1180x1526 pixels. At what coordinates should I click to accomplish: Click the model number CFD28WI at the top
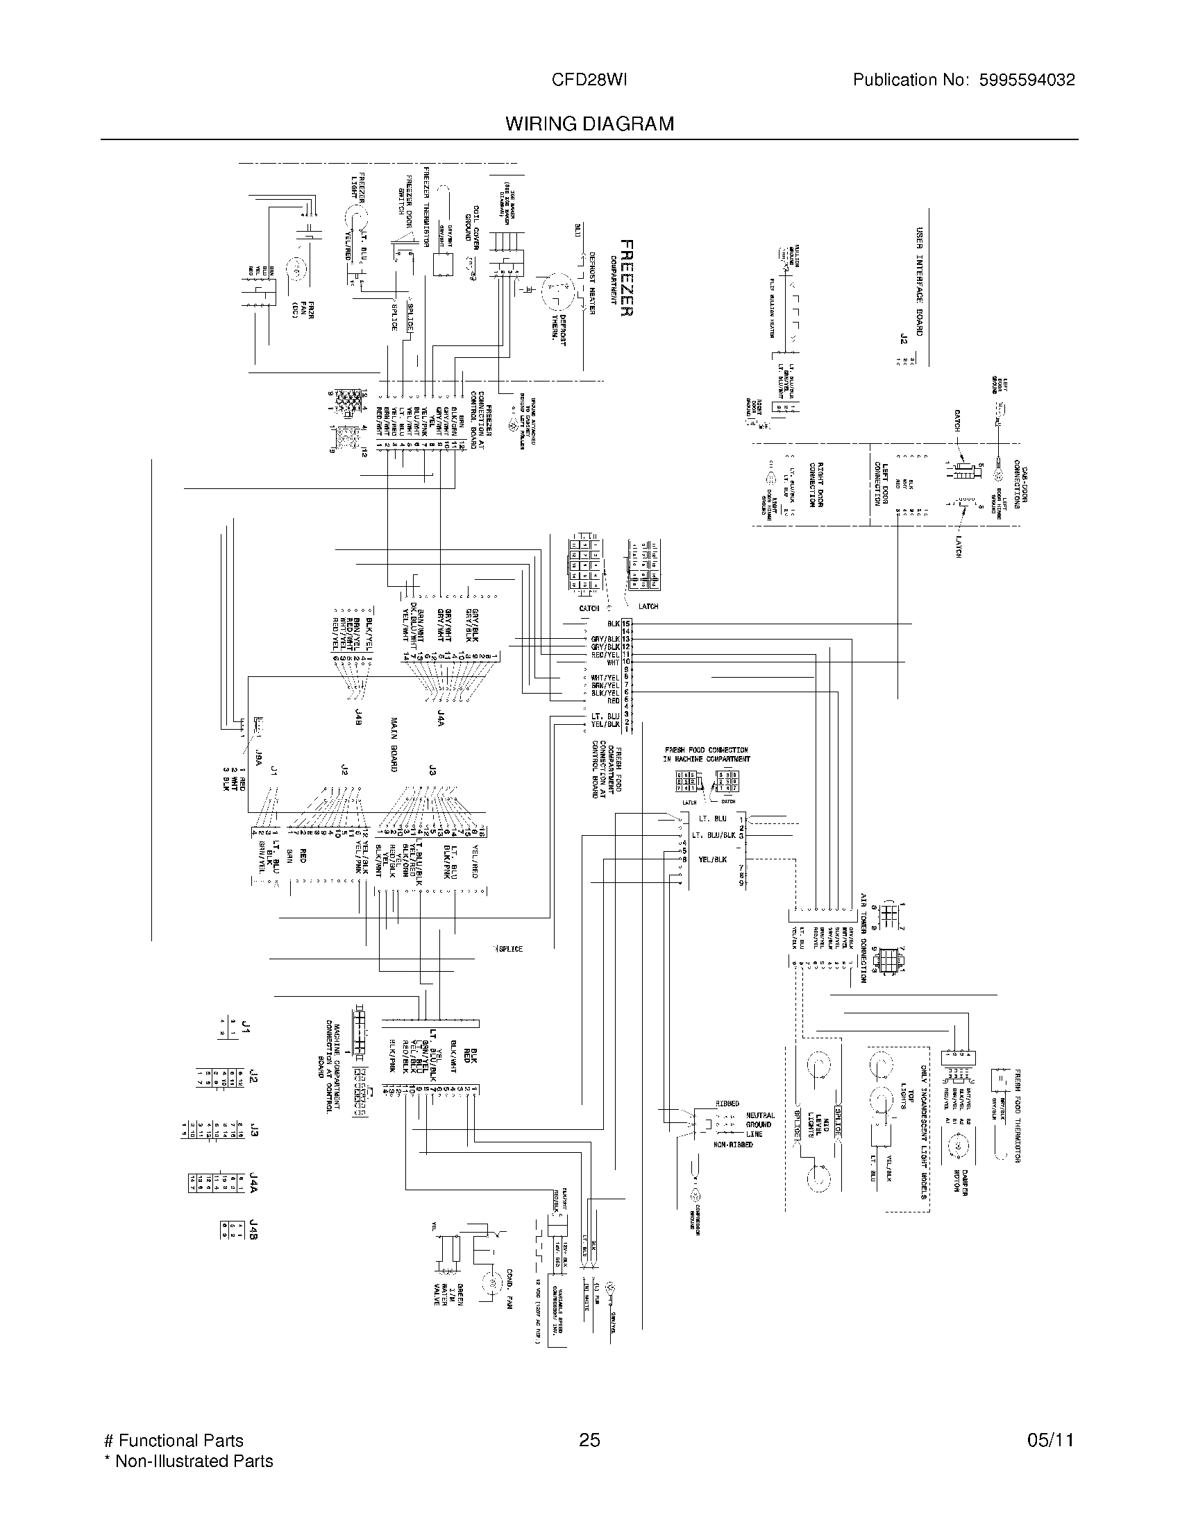[x=589, y=80]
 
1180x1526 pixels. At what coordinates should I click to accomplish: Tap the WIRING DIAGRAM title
[x=589, y=123]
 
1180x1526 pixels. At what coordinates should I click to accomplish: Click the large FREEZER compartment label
[x=627, y=278]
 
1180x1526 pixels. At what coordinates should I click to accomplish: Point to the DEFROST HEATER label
[x=591, y=282]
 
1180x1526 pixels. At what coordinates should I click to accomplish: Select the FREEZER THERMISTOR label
[x=425, y=207]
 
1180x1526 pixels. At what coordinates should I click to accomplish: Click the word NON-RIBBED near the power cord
[x=732, y=1145]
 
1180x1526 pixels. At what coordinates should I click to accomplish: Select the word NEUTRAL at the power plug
[x=760, y=1116]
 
